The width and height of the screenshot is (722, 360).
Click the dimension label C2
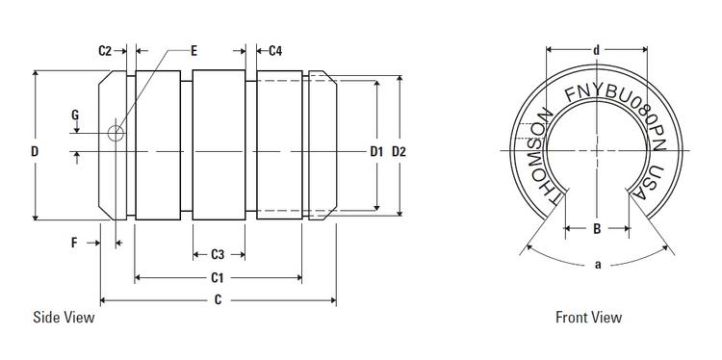click(x=107, y=50)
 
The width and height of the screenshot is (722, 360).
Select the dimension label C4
click(x=274, y=50)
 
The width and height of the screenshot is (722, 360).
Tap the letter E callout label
click(x=194, y=50)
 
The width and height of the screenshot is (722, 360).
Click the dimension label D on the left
click(x=35, y=151)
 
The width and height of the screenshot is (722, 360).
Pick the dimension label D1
click(x=376, y=151)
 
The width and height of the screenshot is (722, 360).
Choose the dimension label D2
click(x=401, y=151)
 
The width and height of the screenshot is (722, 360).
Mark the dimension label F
click(x=75, y=244)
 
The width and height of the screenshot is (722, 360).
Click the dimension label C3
click(x=218, y=255)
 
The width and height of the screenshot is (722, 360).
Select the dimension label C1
click(x=219, y=278)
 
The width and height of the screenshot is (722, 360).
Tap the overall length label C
click(x=219, y=300)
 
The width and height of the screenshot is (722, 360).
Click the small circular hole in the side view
click(x=116, y=133)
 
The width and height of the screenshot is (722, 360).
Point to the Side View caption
click(x=64, y=318)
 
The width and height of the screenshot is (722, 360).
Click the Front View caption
click(x=588, y=318)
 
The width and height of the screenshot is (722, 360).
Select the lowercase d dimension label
click(x=598, y=50)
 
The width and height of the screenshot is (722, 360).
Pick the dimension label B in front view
click(x=597, y=229)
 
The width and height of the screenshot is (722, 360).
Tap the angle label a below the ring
click(x=597, y=266)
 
